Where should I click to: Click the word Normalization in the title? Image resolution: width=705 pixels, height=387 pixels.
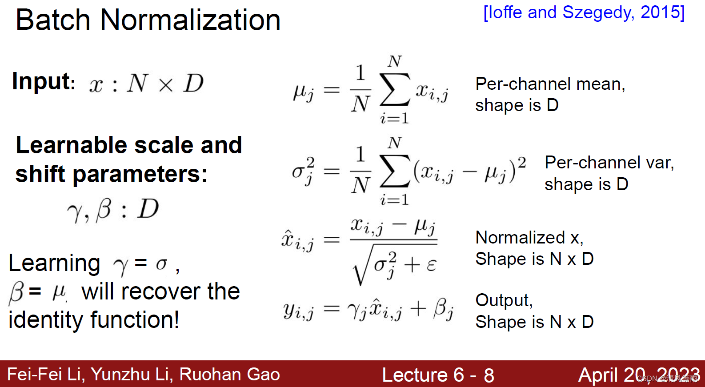click(190, 20)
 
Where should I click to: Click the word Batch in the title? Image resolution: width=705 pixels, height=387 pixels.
click(53, 20)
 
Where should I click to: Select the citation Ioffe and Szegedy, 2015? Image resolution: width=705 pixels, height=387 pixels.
click(584, 12)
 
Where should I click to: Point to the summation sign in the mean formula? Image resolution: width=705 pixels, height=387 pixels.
click(394, 89)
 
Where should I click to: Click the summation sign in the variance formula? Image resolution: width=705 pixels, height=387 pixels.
click(394, 171)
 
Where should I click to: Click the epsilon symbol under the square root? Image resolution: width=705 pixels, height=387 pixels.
click(431, 265)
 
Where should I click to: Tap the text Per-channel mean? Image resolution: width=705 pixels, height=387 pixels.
click(550, 84)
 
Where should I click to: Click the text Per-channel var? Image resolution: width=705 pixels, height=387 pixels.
click(609, 163)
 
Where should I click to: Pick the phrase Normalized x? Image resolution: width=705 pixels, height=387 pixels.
click(529, 238)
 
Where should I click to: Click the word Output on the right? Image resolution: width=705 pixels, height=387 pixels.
click(503, 300)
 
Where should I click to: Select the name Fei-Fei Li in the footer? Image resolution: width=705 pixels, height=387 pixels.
click(45, 375)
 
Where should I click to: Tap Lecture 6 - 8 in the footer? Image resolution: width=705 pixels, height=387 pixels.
click(438, 375)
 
